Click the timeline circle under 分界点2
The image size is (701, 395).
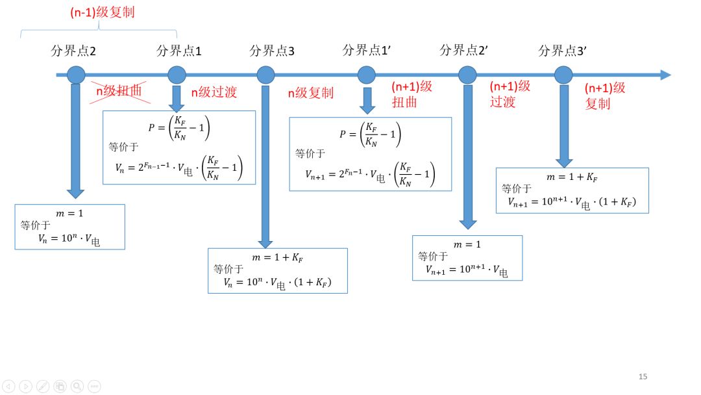point(76,75)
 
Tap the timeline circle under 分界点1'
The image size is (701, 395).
point(367,75)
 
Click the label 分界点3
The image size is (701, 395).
point(272,51)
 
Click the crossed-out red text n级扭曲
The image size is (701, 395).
point(119,91)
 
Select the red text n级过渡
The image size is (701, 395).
point(214,92)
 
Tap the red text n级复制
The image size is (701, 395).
point(310,92)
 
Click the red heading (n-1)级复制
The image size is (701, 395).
point(102,12)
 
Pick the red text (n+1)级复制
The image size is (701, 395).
point(604,96)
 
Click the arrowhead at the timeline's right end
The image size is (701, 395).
point(665,75)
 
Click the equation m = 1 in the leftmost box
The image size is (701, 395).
point(69,213)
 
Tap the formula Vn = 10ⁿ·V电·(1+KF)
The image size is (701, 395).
point(277,283)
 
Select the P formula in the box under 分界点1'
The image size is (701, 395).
point(371,134)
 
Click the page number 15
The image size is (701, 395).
point(643,377)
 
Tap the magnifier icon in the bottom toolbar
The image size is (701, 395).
point(77,386)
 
